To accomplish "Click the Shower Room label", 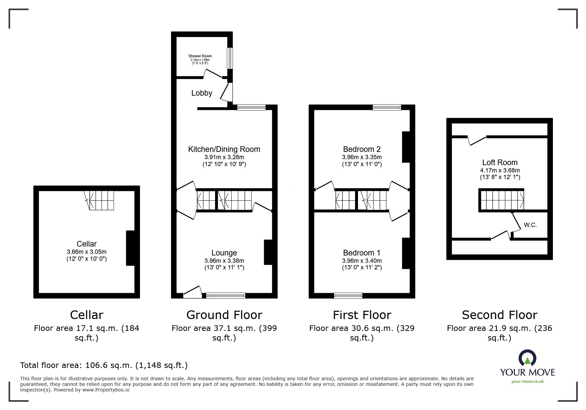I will (x=200, y=56).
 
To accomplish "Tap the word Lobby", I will (x=202, y=93).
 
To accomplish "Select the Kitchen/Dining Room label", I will (x=224, y=149).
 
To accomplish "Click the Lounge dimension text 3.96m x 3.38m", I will (x=224, y=261).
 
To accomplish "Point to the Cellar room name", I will (x=86, y=244).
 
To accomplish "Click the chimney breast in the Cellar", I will (x=130, y=248).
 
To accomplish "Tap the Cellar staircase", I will (x=101, y=200).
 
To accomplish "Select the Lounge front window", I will (x=226, y=296).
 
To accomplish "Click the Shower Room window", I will (x=229, y=58).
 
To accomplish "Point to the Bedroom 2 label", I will (x=362, y=149).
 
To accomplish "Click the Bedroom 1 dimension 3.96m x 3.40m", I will (x=362, y=261).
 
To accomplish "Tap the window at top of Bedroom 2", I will (x=386, y=107).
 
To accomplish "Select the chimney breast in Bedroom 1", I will (x=406, y=253).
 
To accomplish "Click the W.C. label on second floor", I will (x=530, y=225).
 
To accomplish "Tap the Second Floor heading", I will (x=499, y=315).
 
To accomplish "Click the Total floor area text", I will (x=104, y=365).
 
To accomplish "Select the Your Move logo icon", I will (x=527, y=358).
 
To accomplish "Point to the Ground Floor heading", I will (x=224, y=315).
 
